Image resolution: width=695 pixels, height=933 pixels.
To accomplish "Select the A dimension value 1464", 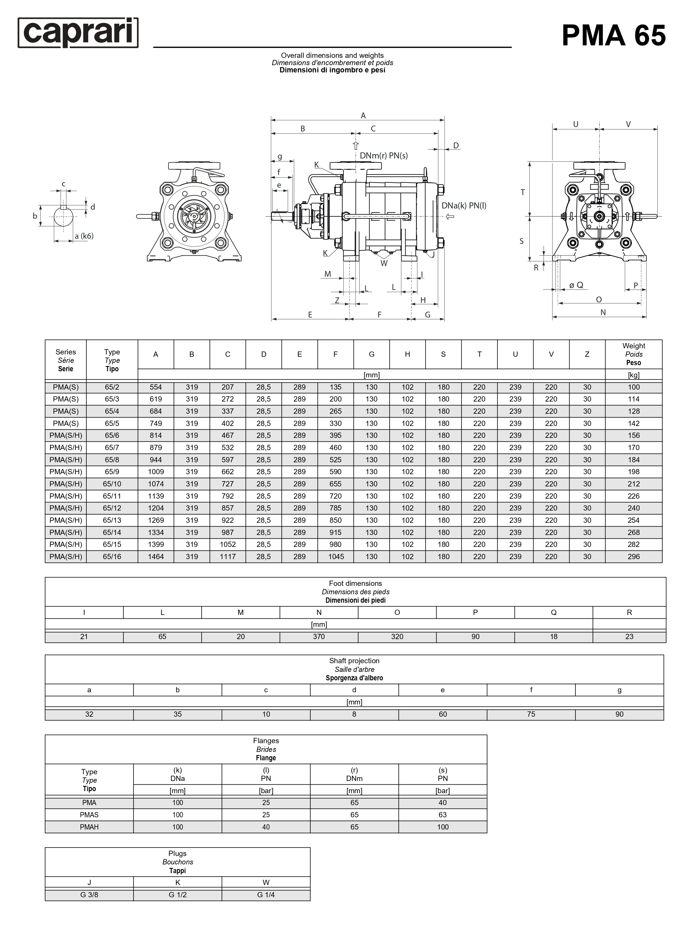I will pos(156,557).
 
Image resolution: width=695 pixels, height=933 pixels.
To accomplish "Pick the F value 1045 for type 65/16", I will pos(336,557).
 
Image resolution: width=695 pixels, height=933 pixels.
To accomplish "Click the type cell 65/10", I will pos(112,484).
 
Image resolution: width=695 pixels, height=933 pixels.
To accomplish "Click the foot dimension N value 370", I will pos(319,636).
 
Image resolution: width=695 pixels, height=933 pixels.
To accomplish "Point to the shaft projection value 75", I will pos(531,714).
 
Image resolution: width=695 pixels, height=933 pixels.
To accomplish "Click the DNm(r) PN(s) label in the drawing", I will pos(384,156).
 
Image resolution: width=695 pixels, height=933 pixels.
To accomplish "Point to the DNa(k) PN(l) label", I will pos(464,206).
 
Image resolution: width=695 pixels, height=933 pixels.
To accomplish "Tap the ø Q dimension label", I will pos(576,285).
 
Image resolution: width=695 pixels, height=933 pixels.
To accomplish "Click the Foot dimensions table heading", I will pos(356,592).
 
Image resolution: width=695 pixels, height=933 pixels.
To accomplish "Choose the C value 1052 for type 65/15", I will pos(227,545).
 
